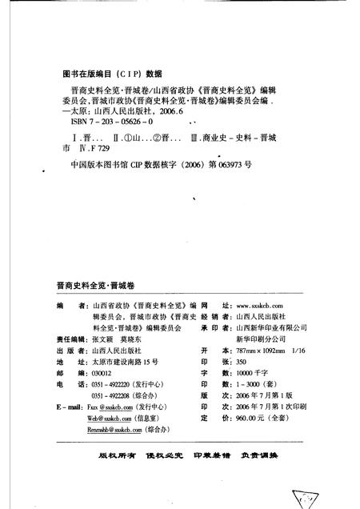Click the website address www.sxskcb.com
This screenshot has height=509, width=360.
[x=262, y=306]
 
